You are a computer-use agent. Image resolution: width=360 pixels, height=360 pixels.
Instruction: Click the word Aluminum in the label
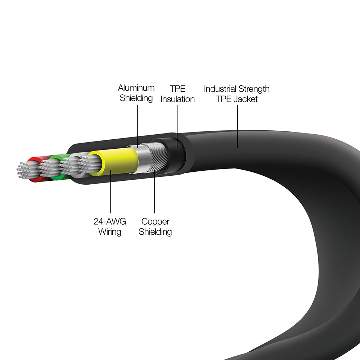point(136,88)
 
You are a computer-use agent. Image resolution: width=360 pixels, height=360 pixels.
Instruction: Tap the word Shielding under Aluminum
point(136,98)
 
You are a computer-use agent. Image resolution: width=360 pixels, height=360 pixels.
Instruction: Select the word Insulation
point(177,99)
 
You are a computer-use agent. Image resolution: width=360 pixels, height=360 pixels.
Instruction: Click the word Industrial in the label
point(220,89)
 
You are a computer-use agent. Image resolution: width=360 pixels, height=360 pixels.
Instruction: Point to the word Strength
point(254,89)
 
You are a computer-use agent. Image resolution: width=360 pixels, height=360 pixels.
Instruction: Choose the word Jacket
point(246,99)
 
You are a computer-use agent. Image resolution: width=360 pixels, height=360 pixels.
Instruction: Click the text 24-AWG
point(110,221)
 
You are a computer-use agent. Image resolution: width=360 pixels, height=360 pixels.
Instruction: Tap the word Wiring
point(110,232)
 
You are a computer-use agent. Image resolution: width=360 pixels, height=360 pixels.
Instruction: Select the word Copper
point(156,222)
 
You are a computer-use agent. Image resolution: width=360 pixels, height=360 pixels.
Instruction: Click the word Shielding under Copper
point(155,232)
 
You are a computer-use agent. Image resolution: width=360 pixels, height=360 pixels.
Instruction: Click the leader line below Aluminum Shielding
point(138,126)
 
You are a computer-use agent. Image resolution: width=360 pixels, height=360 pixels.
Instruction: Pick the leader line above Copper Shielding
point(154,192)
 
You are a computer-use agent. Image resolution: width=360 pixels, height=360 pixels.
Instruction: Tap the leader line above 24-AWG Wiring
point(111,192)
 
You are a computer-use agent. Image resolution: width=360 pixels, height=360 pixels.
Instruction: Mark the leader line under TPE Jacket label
point(237,126)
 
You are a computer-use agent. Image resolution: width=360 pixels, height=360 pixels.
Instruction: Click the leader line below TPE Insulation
point(177,126)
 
